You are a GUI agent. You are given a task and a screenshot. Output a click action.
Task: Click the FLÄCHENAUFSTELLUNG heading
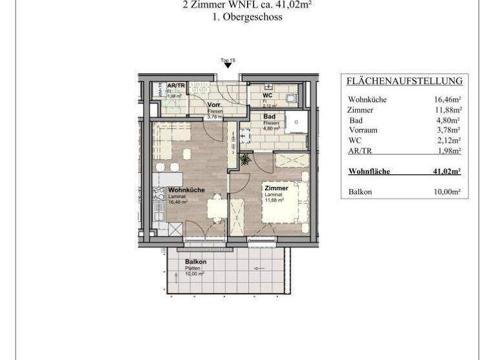click(405, 81)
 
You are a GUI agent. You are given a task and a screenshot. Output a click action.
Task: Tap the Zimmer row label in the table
click(360, 110)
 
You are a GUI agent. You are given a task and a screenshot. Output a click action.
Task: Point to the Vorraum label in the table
click(363, 130)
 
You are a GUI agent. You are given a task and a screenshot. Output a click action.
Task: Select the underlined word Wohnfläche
click(369, 172)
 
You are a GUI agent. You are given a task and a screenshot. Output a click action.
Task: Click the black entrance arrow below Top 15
click(228, 66)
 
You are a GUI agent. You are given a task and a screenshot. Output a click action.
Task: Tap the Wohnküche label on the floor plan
click(187, 190)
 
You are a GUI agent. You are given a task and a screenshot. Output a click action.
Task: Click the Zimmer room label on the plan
click(275, 188)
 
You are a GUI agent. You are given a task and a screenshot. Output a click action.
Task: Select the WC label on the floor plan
click(267, 95)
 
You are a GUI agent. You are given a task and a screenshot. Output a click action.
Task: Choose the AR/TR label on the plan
click(176, 85)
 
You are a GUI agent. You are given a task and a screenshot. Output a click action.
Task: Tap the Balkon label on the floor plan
click(196, 262)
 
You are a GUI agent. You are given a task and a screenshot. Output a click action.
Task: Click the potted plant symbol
click(244, 159)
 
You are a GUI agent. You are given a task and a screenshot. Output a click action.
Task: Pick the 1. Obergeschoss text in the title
click(247, 17)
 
